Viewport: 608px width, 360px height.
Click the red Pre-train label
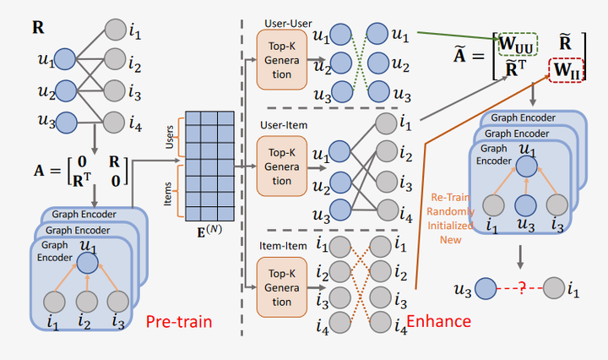179,322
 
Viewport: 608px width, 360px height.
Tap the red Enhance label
438,321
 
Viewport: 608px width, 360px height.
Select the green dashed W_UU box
518,44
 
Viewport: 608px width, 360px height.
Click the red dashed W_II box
567,70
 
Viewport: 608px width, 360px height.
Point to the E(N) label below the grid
209,231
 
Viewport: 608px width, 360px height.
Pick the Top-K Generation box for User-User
282,60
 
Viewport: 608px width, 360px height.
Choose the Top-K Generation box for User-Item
282,166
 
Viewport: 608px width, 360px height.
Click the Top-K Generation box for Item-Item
282,287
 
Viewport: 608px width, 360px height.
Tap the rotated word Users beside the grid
169,137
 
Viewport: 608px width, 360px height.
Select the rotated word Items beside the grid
167,194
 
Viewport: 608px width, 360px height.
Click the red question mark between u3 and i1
522,288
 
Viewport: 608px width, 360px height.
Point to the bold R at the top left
38,28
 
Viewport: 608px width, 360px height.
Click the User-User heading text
288,24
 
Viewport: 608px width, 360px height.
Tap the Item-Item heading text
283,246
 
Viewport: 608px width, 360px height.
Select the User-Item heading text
284,125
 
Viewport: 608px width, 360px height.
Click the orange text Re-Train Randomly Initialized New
450,218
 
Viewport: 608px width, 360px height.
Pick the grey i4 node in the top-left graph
114,123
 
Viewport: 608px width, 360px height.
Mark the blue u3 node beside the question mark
486,289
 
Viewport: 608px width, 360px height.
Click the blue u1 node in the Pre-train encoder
87,263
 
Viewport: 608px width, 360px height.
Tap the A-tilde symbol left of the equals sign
459,54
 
